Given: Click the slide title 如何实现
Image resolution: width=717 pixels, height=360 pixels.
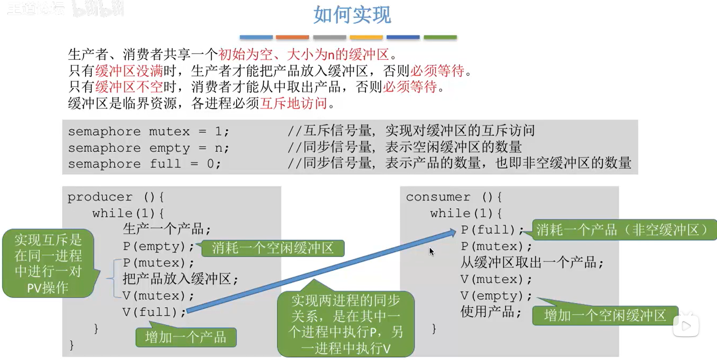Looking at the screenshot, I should (352, 15).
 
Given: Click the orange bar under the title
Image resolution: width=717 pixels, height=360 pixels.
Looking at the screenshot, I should (292, 37).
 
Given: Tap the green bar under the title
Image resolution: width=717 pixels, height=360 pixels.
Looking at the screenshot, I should (440, 37).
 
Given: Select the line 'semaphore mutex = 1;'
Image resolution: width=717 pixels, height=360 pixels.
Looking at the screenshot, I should (149, 131).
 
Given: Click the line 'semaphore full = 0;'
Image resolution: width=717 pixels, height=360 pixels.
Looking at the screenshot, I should (145, 164).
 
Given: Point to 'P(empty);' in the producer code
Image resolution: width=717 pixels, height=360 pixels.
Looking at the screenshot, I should (158, 246).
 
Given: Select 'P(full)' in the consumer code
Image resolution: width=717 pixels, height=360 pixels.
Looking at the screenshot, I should (488, 230).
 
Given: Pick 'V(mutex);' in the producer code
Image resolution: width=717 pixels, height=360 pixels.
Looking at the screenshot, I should (158, 296).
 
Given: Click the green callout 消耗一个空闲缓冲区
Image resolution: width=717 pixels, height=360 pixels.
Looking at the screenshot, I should (273, 248).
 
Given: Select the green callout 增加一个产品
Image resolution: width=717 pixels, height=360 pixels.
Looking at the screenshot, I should (186, 337).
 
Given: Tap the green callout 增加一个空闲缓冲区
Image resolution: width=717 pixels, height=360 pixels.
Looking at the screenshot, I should (605, 315).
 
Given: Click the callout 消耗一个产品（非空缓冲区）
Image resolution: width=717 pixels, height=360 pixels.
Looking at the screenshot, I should (624, 230).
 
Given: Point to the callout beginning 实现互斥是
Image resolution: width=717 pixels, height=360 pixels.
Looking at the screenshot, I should (48, 263).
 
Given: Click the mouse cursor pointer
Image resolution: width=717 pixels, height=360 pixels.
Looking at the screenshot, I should (431, 251).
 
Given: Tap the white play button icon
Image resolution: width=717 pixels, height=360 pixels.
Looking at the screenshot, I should (686, 326).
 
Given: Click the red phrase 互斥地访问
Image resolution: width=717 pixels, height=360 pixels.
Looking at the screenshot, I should (294, 103).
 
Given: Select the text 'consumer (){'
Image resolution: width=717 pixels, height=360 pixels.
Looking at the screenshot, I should (454, 197).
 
